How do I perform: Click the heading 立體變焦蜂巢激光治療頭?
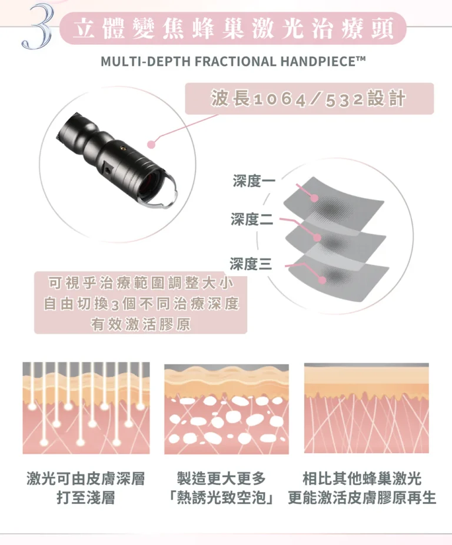tap(233, 28)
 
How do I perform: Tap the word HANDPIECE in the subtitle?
tap(323, 62)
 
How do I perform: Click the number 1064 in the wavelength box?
tap(280, 99)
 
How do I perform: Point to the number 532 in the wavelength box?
tap(344, 99)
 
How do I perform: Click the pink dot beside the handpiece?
tap(152, 144)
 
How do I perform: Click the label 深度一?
tap(254, 181)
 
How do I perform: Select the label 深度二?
tap(252, 220)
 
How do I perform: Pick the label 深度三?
tap(251, 264)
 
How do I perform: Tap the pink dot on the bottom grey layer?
tap(323, 280)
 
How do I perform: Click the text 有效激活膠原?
tap(141, 324)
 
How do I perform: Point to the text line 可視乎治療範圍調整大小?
tap(141, 283)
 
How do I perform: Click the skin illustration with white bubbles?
tap(227, 409)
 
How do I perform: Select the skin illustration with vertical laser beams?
tap(87, 408)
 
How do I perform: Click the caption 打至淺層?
tap(86, 498)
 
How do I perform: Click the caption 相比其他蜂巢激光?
tap(363, 478)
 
